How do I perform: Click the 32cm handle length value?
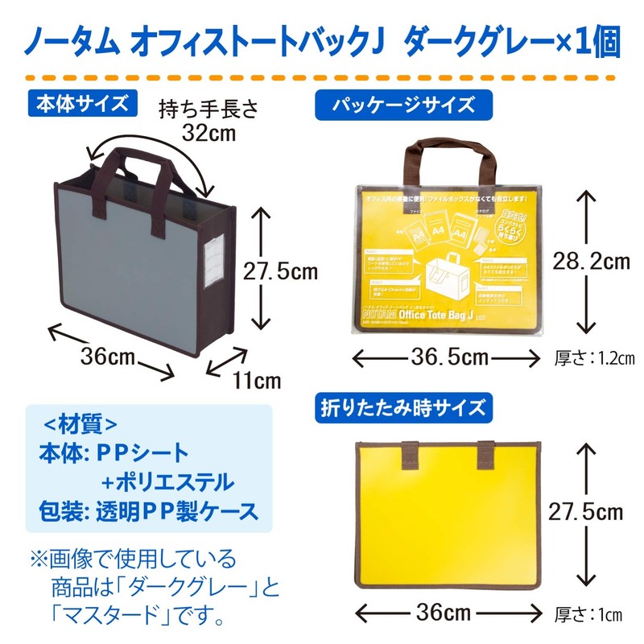click(x=208, y=134)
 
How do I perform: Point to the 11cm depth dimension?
click(x=257, y=380)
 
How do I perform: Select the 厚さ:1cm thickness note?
click(x=588, y=617)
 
